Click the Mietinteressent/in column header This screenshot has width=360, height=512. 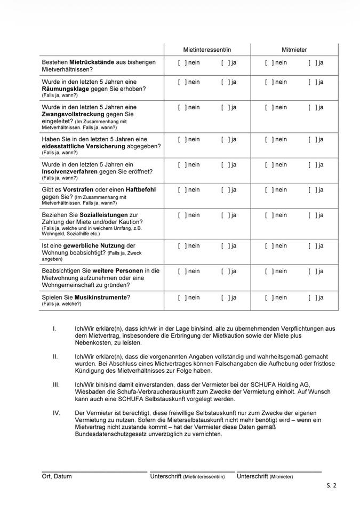tap(207, 50)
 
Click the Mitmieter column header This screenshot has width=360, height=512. tap(294, 50)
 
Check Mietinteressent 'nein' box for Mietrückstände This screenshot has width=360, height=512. tap(182, 63)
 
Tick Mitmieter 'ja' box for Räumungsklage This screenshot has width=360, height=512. tap(312, 82)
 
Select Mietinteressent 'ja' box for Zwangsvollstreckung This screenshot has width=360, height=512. tap(225, 107)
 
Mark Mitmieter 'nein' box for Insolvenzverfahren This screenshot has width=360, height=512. tap(269, 164)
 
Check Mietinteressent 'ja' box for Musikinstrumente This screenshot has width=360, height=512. tap(225, 298)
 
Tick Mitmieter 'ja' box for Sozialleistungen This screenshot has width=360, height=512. tap(312, 215)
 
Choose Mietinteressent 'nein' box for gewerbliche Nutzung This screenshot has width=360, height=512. tap(182, 246)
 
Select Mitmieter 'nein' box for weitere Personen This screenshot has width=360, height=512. tap(269, 271)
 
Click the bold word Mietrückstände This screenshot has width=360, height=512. tap(92, 62)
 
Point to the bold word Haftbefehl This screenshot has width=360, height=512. tap(138, 190)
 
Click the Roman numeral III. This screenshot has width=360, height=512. tap(56, 385)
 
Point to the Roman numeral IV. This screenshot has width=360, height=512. tap(57, 413)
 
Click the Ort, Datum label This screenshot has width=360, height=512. tap(57, 476)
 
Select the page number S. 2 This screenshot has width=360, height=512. tap(331, 485)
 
